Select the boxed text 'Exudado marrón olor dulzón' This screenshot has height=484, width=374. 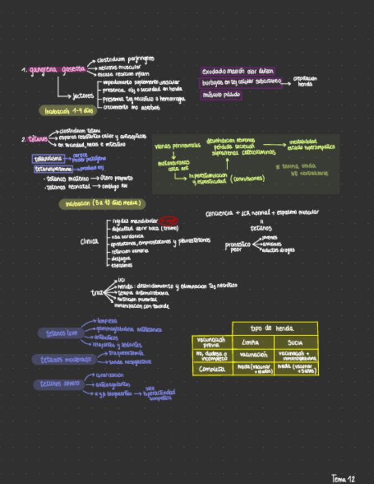(x=238, y=71)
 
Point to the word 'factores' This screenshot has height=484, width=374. (x=83, y=95)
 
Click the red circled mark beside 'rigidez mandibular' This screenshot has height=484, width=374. (x=168, y=220)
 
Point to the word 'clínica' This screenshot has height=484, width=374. (x=91, y=241)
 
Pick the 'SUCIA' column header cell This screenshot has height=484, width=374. (x=295, y=342)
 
